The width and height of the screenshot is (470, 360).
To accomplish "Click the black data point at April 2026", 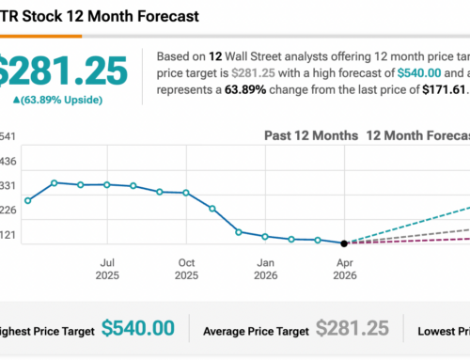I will [344, 243].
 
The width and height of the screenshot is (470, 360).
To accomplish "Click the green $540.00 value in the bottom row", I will [137, 328].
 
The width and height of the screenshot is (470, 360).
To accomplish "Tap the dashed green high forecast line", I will [414, 223].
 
